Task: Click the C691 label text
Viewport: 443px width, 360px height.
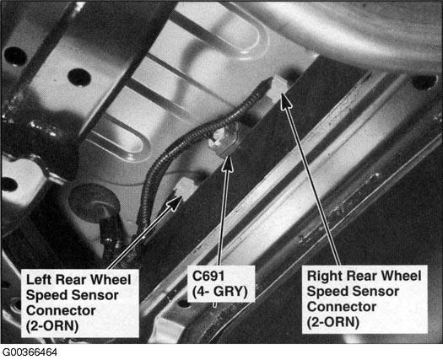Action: click(x=208, y=276)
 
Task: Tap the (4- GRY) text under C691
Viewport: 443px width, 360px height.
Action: click(x=219, y=292)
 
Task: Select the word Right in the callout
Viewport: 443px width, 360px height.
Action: click(x=323, y=277)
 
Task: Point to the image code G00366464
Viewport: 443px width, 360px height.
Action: click(x=30, y=352)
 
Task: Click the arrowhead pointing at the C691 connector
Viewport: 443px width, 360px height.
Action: click(x=228, y=164)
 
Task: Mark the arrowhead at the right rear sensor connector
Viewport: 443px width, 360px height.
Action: click(x=285, y=101)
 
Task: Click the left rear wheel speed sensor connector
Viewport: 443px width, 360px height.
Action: click(x=184, y=189)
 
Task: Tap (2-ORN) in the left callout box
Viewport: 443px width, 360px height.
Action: click(x=52, y=326)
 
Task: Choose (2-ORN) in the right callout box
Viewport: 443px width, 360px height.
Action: click(x=332, y=322)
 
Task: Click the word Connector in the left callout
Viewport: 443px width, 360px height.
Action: click(x=61, y=310)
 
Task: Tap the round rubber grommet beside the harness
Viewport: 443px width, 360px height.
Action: click(x=93, y=201)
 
